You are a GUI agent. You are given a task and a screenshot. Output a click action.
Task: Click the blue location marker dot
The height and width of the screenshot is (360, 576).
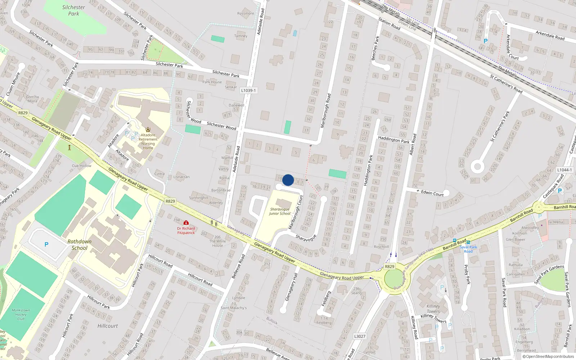pyautogui.click(x=288, y=180)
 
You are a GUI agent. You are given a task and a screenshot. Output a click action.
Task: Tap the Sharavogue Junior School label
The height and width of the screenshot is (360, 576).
pyautogui.click(x=280, y=211)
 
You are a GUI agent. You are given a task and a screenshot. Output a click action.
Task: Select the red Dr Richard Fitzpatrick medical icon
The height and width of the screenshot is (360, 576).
pyautogui.click(x=186, y=223)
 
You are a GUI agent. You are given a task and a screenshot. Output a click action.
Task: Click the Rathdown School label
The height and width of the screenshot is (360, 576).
pyautogui.click(x=80, y=244)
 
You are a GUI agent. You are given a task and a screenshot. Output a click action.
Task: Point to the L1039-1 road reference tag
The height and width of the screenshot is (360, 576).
pyautogui.click(x=248, y=90)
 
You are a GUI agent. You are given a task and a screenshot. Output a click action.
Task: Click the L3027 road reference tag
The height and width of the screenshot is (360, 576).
pyautogui.click(x=360, y=336)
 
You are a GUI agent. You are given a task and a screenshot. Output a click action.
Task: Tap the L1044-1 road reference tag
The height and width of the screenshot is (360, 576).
pyautogui.click(x=564, y=170)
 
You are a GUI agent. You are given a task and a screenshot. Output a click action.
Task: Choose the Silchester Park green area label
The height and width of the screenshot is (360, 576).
pyautogui.click(x=73, y=10)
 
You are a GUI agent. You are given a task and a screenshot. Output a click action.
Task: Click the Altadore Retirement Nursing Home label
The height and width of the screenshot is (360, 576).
pyautogui.click(x=148, y=141)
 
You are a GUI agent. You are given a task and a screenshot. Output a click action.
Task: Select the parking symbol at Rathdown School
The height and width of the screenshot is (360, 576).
pyautogui.click(x=46, y=244)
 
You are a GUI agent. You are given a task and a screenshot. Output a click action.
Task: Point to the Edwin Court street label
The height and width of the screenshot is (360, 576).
pyautogui.click(x=432, y=193)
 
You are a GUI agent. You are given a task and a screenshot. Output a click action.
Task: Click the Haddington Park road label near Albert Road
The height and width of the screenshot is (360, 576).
pyautogui.click(x=393, y=140)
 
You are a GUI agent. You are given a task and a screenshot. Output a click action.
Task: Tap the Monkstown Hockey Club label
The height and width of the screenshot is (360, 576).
pyautogui.click(x=21, y=314)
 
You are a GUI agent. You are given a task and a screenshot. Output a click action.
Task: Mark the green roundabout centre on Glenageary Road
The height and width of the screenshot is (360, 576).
pyautogui.click(x=395, y=279)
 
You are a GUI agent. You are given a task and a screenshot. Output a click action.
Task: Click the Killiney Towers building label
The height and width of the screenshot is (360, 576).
pyautogui.click(x=433, y=309)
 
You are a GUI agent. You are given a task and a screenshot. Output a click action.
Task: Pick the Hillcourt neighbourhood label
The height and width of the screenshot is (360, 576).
pyautogui.click(x=108, y=326)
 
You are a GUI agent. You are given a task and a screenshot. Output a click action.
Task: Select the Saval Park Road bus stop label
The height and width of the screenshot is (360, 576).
pyautogui.click(x=468, y=249)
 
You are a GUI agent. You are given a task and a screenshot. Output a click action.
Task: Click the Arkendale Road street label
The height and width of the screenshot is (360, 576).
pyautogui.click(x=550, y=35)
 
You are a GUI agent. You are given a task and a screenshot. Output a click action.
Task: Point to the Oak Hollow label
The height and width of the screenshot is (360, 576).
pyautogui.click(x=82, y=166)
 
